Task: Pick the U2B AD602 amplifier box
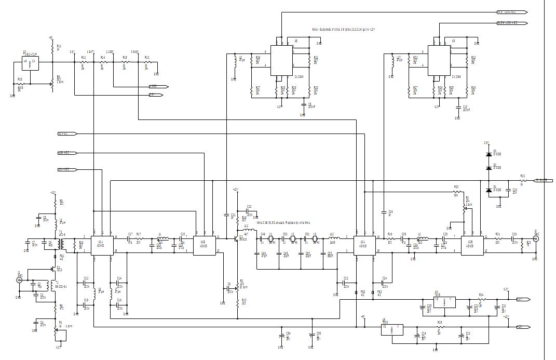tap(470, 244)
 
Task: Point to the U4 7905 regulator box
tap(444, 302)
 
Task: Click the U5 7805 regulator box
tap(391, 330)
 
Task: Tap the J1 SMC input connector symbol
tap(20, 280)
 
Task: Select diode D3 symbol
tap(488, 155)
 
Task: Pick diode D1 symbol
tap(488, 190)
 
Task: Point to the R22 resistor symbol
tap(456, 191)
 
